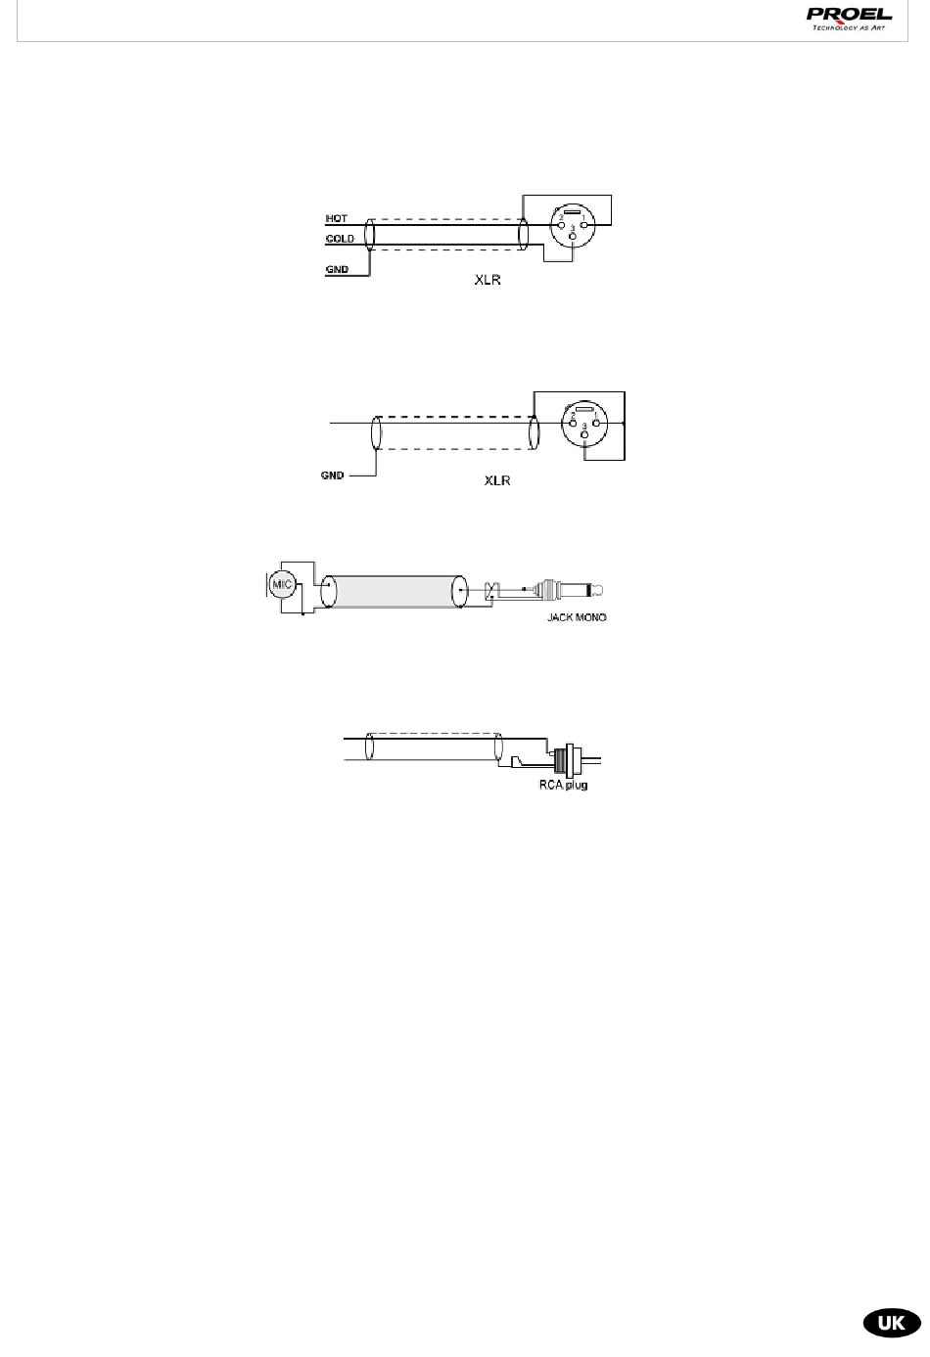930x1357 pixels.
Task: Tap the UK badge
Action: pos(890,1322)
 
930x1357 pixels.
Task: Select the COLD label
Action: pos(340,238)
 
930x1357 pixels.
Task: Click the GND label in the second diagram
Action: pos(332,475)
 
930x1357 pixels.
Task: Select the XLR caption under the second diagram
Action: pos(498,482)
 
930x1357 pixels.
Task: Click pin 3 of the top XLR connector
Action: pos(573,238)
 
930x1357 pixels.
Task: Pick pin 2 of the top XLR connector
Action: pos(561,224)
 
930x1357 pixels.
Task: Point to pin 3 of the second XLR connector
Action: pos(585,435)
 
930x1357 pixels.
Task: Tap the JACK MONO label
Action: pos(577,618)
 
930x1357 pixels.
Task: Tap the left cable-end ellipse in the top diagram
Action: pos(369,238)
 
